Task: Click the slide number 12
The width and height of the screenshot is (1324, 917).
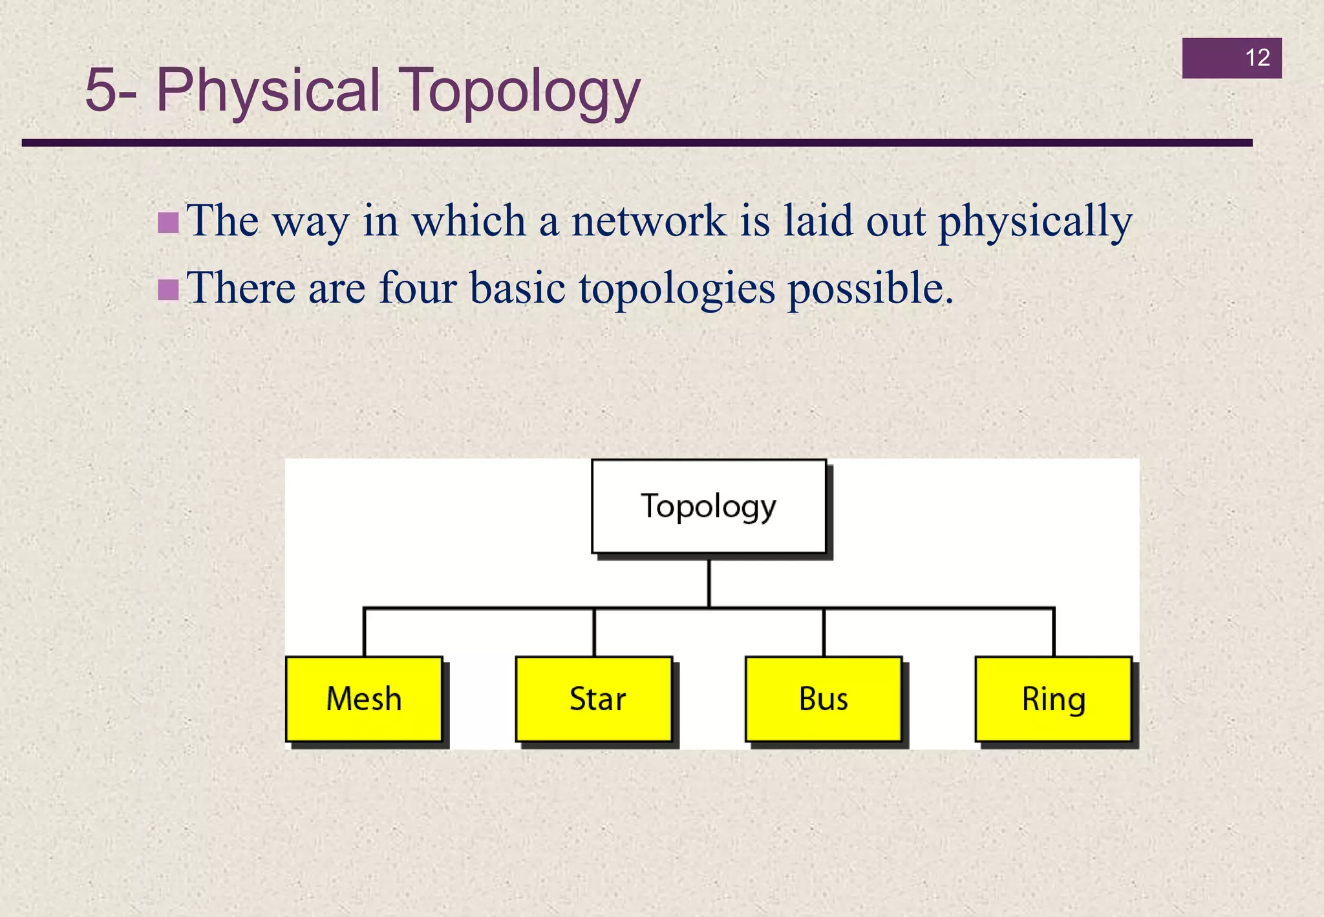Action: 1257,58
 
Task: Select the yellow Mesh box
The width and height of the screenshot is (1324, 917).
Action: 364,699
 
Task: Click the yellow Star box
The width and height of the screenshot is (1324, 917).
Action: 593,699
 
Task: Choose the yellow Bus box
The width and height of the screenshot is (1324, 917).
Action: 823,699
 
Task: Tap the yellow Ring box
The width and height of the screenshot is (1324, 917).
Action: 1053,699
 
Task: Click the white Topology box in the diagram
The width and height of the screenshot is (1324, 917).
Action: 709,506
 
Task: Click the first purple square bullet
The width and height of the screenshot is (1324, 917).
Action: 168,223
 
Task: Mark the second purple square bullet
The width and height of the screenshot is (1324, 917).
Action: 168,290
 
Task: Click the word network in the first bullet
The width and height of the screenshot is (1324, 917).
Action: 648,221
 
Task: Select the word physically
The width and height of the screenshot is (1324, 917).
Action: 1034,221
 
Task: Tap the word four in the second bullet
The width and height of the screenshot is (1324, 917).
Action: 418,288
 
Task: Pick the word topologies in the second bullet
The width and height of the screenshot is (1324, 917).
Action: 676,288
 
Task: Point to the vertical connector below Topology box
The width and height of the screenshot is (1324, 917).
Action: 709,582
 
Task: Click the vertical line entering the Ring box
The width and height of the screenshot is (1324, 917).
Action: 1053,632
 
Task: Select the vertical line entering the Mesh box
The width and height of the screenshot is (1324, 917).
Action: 365,632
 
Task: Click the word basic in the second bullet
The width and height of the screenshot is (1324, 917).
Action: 517,288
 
